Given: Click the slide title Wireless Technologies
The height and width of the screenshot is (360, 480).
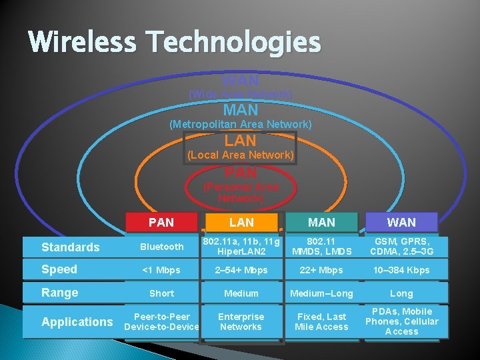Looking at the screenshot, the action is pos(175,43).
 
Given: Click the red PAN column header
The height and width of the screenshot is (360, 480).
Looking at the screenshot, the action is pos(161,223).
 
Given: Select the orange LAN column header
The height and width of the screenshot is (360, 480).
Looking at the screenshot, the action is pos(241,223).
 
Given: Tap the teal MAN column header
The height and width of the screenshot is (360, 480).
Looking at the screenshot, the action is pos(322,223).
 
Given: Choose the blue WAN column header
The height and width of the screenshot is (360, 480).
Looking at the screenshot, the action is pos(401,223).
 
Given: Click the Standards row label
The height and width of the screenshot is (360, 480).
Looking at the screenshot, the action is pos(70,247).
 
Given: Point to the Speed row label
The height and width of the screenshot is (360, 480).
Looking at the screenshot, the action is pos(59,269).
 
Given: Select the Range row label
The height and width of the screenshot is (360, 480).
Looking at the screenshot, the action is pos(60,293).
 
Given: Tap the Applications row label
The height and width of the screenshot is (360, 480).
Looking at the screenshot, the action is pos(77,322).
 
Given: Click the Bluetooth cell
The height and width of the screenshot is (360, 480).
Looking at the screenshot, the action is pos(161,247).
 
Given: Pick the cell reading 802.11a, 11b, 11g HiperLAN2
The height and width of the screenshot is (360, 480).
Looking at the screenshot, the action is pos(241,247).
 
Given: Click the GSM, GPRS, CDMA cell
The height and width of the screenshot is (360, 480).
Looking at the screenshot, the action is pos(401,247).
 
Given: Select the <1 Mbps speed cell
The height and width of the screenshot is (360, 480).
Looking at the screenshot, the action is pos(161,270).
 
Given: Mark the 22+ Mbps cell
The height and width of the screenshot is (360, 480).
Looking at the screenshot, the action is pos(322,270).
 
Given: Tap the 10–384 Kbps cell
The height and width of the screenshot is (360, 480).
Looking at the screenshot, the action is pos(401,270).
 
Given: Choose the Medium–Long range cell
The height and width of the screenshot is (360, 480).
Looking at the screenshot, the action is pos(322,293).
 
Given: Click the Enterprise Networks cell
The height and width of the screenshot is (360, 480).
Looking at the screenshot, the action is pos(241,321).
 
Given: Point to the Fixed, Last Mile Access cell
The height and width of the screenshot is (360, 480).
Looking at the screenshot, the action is pos(322,321).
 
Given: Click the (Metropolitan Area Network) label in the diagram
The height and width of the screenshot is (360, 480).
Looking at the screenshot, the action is pos(241,125).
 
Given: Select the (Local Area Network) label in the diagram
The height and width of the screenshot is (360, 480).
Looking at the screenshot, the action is pos(241,155).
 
